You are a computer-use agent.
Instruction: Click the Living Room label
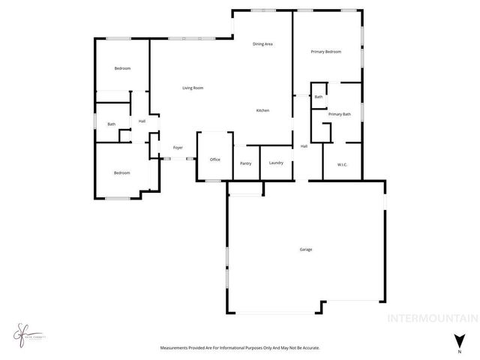pyautogui.click(x=193, y=88)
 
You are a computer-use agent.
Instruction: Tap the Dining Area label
pyautogui.click(x=262, y=44)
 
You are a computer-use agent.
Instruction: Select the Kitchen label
pyautogui.click(x=262, y=111)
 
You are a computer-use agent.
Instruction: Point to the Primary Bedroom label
pyautogui.click(x=326, y=52)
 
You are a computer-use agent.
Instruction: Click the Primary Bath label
pyautogui.click(x=340, y=114)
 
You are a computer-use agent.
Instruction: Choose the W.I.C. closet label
pyautogui.click(x=342, y=163)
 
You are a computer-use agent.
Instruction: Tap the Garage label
pyautogui.click(x=306, y=249)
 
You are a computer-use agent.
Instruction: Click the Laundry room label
pyautogui.click(x=275, y=163)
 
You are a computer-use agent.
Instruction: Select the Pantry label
pyautogui.click(x=245, y=163)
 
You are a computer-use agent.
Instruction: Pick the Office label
pyautogui.click(x=214, y=159)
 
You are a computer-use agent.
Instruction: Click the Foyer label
pyautogui.click(x=178, y=148)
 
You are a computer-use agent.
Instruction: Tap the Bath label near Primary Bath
pyautogui.click(x=319, y=97)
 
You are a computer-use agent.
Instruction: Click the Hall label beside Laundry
pyautogui.click(x=304, y=146)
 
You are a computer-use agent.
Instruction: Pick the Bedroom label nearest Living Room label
pyautogui.click(x=122, y=68)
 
